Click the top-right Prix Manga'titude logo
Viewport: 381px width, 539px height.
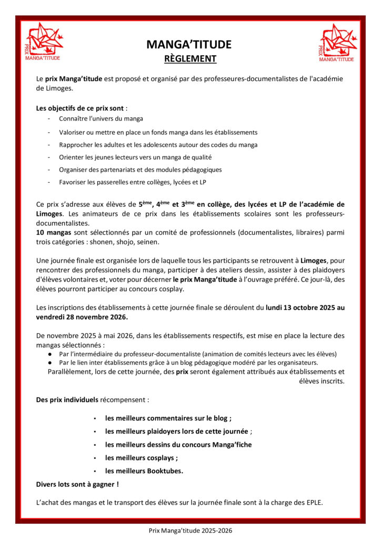(x=337, y=43)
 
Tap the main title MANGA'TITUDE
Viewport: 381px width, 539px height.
(x=189, y=45)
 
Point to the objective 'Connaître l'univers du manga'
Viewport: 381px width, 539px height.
(x=101, y=119)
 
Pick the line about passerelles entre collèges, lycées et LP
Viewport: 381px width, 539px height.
(x=131, y=182)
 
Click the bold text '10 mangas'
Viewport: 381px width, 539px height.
(x=55, y=233)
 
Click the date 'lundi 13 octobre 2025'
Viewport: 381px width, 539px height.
(x=299, y=307)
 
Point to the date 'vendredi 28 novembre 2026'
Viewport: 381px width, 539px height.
(x=82, y=317)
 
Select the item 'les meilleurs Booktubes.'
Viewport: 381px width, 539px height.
(x=144, y=471)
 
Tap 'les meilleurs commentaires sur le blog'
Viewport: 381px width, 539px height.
(x=167, y=418)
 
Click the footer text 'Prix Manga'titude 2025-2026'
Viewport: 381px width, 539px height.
(x=190, y=531)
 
